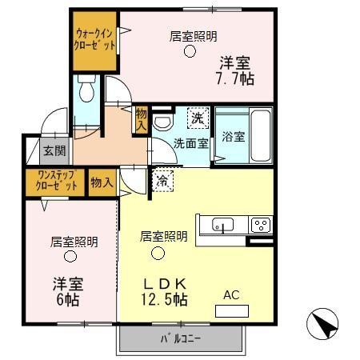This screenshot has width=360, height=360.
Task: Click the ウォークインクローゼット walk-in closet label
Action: coord(94,39)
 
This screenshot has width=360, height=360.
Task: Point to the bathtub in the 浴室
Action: coord(261,133)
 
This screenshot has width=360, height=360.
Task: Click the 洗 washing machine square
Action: coord(196,118)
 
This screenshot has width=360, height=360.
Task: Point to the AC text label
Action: coord(231,295)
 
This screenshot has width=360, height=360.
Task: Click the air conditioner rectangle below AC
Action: coord(231,310)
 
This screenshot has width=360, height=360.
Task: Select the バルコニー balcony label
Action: coord(179,338)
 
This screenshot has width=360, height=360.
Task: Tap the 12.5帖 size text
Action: coord(166,300)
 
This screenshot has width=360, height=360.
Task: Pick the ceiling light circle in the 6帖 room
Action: coord(70,257)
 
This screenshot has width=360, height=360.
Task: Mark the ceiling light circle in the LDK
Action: coord(158,253)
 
